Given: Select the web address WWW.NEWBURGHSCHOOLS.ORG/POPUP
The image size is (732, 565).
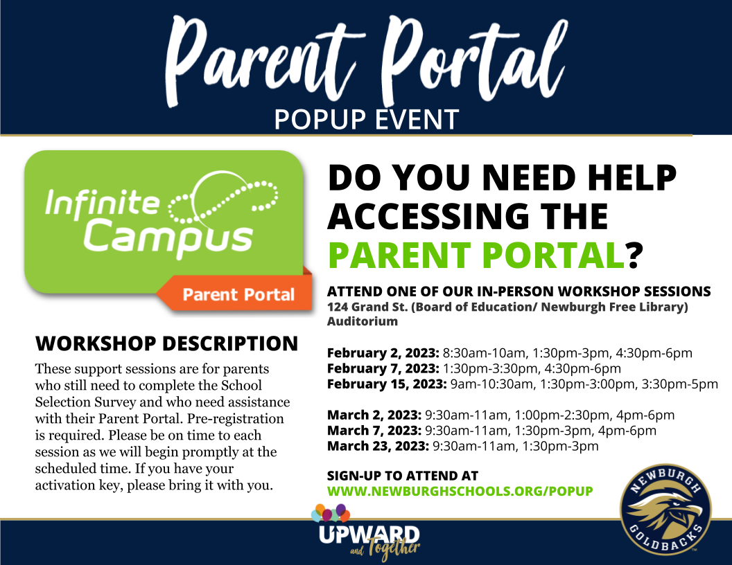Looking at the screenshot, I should tap(460, 491).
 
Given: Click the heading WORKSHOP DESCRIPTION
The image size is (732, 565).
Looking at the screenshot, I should tap(166, 343).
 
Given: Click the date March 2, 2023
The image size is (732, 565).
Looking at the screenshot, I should tap(374, 415).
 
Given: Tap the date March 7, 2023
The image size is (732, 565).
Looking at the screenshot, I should tap(374, 431).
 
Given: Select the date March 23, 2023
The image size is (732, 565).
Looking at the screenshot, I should tap(378, 446).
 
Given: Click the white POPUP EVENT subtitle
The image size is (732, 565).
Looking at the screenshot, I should tap(366, 119).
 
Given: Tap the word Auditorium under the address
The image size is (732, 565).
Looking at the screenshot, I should tap(362, 321).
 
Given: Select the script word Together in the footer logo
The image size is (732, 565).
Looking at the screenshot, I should tap(394, 548).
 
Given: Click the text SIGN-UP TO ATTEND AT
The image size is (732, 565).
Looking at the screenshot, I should tap(402, 476).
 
